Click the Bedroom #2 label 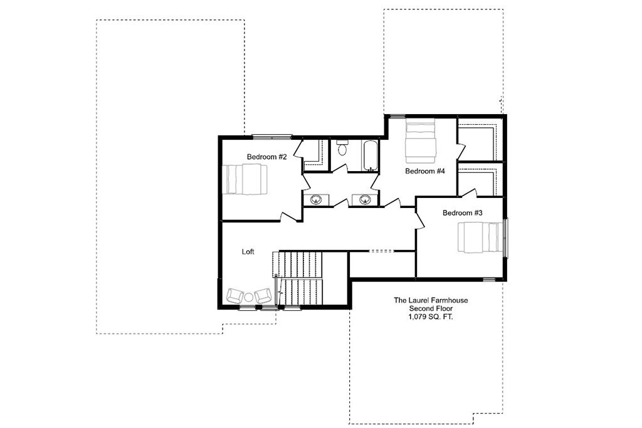pyautogui.click(x=267, y=157)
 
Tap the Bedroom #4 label pyautogui.click(x=425, y=171)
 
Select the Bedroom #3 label pyautogui.click(x=463, y=213)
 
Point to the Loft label pyautogui.click(x=248, y=252)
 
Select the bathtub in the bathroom pyautogui.click(x=370, y=156)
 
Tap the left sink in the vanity pyautogui.click(x=316, y=200)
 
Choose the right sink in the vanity pyautogui.click(x=366, y=200)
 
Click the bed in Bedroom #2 pyautogui.click(x=245, y=179)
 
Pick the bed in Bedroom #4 pyautogui.click(x=420, y=141)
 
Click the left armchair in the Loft pyautogui.click(x=234, y=296)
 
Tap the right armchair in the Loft pyautogui.click(x=263, y=296)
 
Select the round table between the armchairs pyautogui.click(x=249, y=297)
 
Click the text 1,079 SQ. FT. pyautogui.click(x=431, y=317)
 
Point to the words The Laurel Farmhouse pyautogui.click(x=431, y=300)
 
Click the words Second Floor pyautogui.click(x=431, y=309)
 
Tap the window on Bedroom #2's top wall pyautogui.click(x=272, y=137)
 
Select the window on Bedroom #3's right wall pyautogui.click(x=506, y=238)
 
